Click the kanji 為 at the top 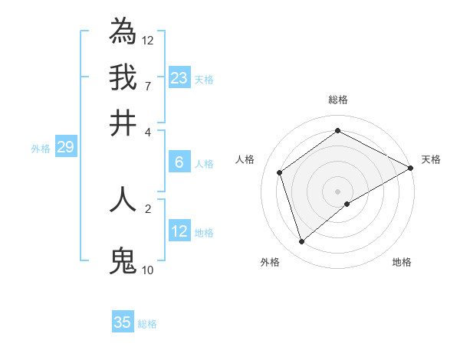point(123,31)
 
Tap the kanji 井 point(123,123)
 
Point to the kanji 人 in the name point(123,200)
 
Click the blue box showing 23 point(179,78)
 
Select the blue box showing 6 point(179,162)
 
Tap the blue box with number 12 point(179,231)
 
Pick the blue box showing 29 point(65,147)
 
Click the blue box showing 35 point(123,322)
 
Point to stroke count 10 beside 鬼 point(147,270)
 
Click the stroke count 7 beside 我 point(147,86)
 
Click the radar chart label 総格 point(338,100)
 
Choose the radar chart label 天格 point(431,159)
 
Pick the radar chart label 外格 point(270,262)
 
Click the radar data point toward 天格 point(411,168)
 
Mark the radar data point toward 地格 point(347,204)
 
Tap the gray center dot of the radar point(338,191)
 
